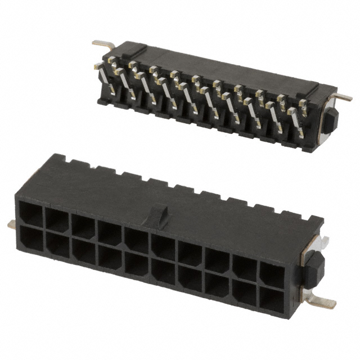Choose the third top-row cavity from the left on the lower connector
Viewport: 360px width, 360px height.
click(83, 226)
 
